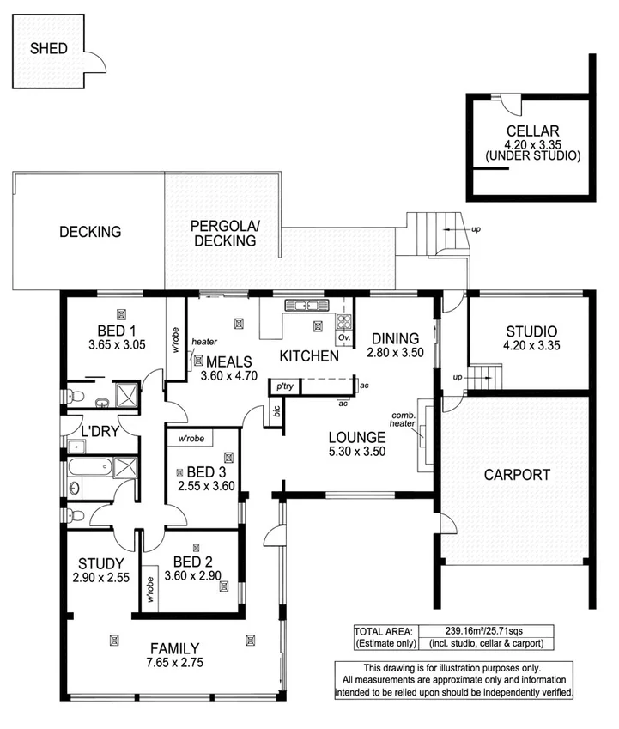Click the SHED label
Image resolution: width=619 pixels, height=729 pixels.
tap(48, 49)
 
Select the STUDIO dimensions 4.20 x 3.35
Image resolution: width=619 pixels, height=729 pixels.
tap(531, 346)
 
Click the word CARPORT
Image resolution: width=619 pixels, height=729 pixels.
tap(516, 474)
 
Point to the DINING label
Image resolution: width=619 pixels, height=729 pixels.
tap(395, 337)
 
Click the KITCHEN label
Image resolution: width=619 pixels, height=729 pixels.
tap(309, 355)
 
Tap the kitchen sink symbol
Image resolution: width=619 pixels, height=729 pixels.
tap(302, 304)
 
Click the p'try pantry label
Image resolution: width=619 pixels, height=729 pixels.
tap(284, 386)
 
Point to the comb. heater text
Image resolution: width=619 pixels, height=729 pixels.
tap(402, 417)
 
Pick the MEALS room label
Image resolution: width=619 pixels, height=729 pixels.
tap(229, 361)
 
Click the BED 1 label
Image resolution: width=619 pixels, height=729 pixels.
tap(116, 331)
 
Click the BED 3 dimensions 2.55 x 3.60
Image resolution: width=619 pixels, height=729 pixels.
tap(206, 485)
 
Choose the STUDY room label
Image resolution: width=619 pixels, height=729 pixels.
tap(101, 563)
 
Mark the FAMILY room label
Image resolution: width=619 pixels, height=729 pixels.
tap(175, 648)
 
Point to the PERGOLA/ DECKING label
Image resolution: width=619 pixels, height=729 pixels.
tap(223, 234)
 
